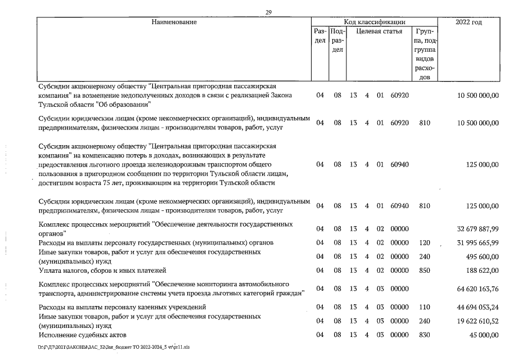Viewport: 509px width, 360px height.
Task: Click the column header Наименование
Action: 174,22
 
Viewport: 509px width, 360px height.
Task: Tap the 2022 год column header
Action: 471,22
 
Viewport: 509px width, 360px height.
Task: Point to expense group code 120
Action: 424,242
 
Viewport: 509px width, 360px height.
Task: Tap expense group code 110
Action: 424,307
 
